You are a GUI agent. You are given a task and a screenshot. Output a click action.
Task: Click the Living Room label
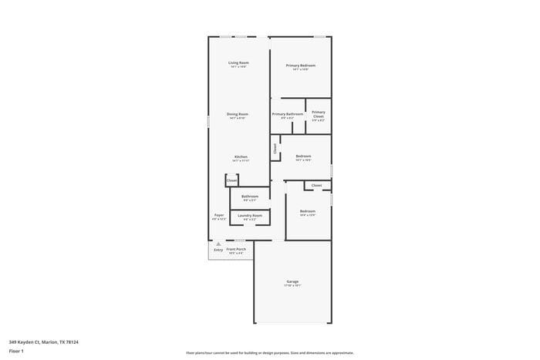click(x=238, y=62)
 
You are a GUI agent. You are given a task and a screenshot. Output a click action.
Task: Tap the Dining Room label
click(x=238, y=114)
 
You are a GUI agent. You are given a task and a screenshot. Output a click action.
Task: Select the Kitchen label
click(x=241, y=157)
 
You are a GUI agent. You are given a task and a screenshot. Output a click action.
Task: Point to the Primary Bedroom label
click(x=301, y=66)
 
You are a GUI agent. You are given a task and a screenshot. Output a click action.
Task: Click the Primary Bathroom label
click(x=287, y=114)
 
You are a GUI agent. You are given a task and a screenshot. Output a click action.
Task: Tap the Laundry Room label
click(x=250, y=215)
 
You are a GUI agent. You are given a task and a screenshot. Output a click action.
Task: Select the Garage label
click(x=292, y=281)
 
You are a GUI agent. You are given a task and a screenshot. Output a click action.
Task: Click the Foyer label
click(x=219, y=215)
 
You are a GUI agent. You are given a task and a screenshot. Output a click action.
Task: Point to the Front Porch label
click(x=236, y=249)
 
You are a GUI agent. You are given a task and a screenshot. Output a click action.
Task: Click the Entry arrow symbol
click(x=218, y=244)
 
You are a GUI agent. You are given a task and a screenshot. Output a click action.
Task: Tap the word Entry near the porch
click(x=218, y=250)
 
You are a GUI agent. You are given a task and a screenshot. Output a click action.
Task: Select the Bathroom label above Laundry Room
click(x=250, y=196)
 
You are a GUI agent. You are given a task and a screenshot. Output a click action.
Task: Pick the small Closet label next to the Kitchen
click(x=231, y=180)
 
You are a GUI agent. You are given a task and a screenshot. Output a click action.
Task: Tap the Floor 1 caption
click(x=16, y=351)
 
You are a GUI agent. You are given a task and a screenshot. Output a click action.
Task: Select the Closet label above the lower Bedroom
click(x=316, y=185)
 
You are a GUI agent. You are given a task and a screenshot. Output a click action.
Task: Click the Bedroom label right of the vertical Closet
click(x=303, y=156)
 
